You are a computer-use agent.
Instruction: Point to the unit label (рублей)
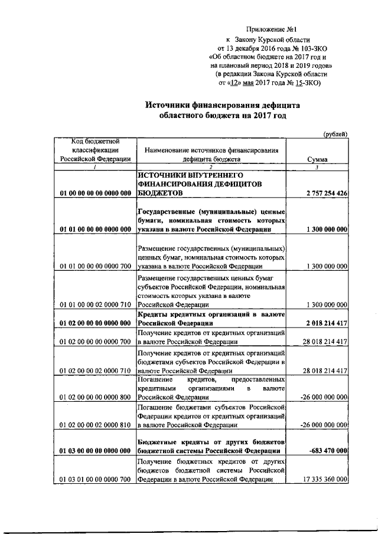(x=335, y=134)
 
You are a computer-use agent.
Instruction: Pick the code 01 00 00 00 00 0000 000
(x=95, y=193)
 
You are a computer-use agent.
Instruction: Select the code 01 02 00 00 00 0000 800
(x=95, y=398)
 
